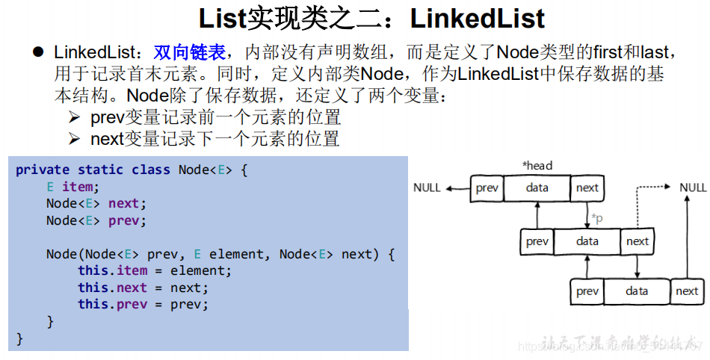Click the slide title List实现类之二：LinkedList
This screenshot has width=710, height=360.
click(x=371, y=18)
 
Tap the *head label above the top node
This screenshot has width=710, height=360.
click(x=537, y=165)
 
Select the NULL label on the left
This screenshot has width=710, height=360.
click(x=427, y=187)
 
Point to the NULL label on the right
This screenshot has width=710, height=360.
click(x=693, y=187)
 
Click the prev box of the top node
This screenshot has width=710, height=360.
click(x=487, y=188)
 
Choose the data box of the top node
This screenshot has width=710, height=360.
click(x=537, y=188)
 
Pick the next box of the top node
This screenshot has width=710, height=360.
click(x=587, y=188)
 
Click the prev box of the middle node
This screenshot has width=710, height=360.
click(x=537, y=241)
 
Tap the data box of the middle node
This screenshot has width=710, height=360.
click(x=587, y=241)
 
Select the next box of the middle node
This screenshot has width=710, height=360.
click(x=637, y=241)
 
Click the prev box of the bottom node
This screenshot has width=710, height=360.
click(x=587, y=291)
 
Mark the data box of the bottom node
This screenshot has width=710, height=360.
click(x=637, y=291)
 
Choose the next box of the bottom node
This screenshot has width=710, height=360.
click(x=687, y=291)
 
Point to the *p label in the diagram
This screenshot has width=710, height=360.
click(x=597, y=217)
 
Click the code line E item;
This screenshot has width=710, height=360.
click(x=72, y=187)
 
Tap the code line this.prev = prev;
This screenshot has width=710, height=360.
click(x=143, y=304)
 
